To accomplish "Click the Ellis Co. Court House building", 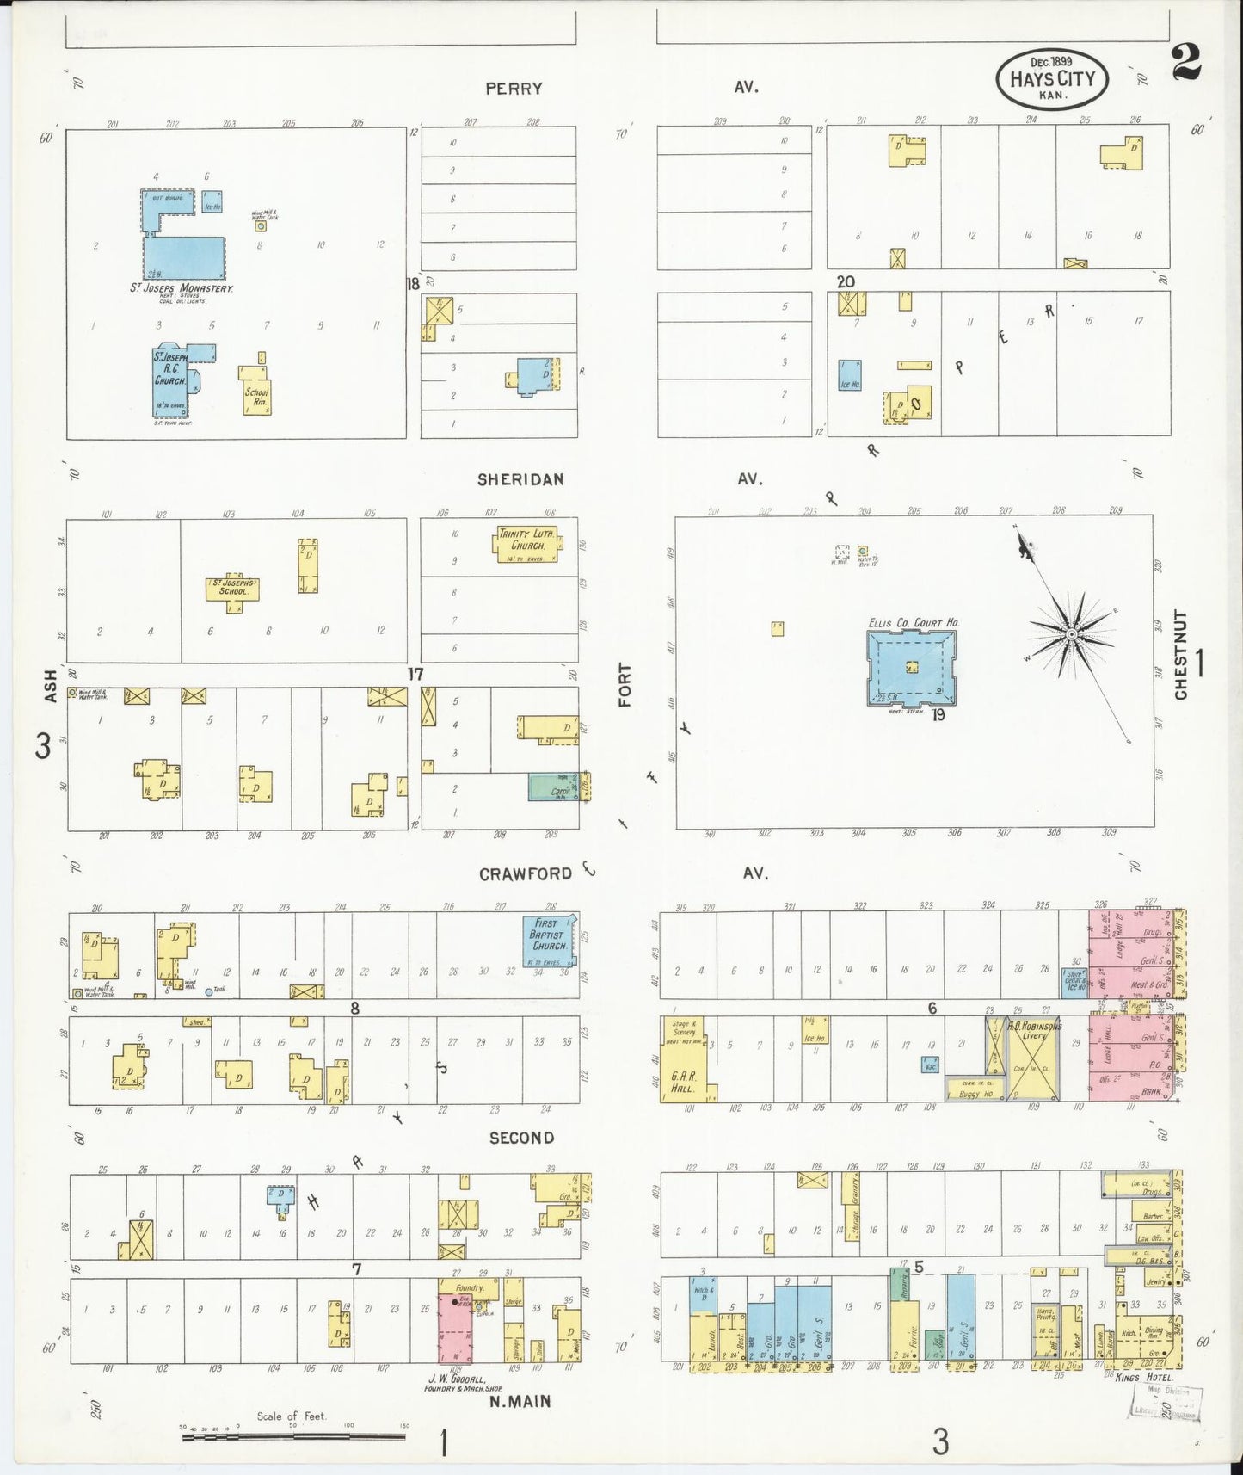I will pos(911,668).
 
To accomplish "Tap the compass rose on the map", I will pos(1071,635).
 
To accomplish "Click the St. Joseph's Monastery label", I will pos(182,287).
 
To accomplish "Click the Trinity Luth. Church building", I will pos(527,544).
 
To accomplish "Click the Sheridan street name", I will pos(521,479).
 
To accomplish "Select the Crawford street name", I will pos(526,874).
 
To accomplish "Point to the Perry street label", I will pos(514,88).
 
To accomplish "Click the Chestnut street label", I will pos(1181,654).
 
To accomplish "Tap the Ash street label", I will pos(51,686).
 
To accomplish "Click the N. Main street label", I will pos(520,1401).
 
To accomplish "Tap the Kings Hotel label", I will pos(1143,1377).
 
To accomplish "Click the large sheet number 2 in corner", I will pos(1186,61).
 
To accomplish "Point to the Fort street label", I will pos(625,685).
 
